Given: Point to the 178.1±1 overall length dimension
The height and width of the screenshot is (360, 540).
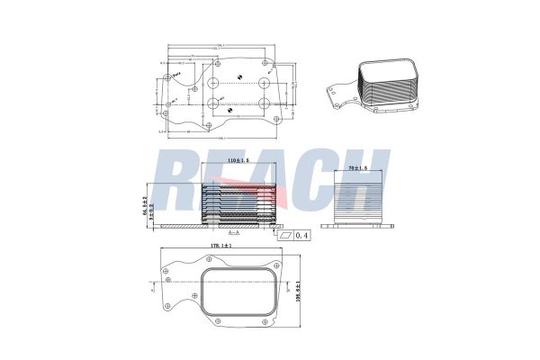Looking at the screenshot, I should click(x=221, y=245).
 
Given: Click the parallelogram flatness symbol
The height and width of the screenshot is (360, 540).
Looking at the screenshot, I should click(x=287, y=235).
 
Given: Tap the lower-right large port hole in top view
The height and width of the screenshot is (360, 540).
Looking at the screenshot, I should click(x=265, y=103).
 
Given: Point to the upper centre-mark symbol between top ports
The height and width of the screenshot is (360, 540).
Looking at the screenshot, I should click(x=238, y=76).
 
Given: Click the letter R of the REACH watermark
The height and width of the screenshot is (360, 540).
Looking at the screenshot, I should click(x=177, y=184).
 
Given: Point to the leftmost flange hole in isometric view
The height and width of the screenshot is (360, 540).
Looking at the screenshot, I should click(x=332, y=89).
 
